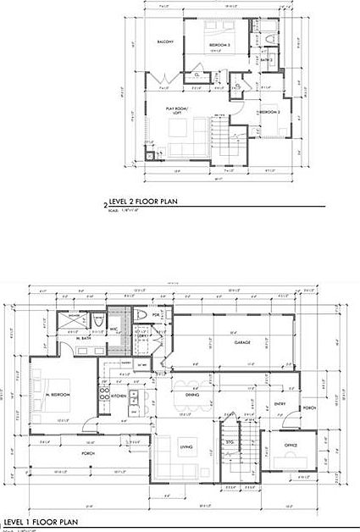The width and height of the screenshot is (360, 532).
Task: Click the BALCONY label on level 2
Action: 164,41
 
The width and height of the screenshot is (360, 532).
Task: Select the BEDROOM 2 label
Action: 269,112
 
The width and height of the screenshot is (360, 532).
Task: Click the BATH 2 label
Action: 265,60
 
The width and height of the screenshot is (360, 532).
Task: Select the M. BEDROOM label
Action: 58,395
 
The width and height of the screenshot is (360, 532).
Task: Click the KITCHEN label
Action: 119,396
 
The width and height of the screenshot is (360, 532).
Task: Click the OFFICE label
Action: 291,444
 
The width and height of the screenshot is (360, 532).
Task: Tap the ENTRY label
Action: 280,404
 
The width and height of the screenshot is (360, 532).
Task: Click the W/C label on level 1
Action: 114,329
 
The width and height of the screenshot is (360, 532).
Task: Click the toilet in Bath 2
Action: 269,40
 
